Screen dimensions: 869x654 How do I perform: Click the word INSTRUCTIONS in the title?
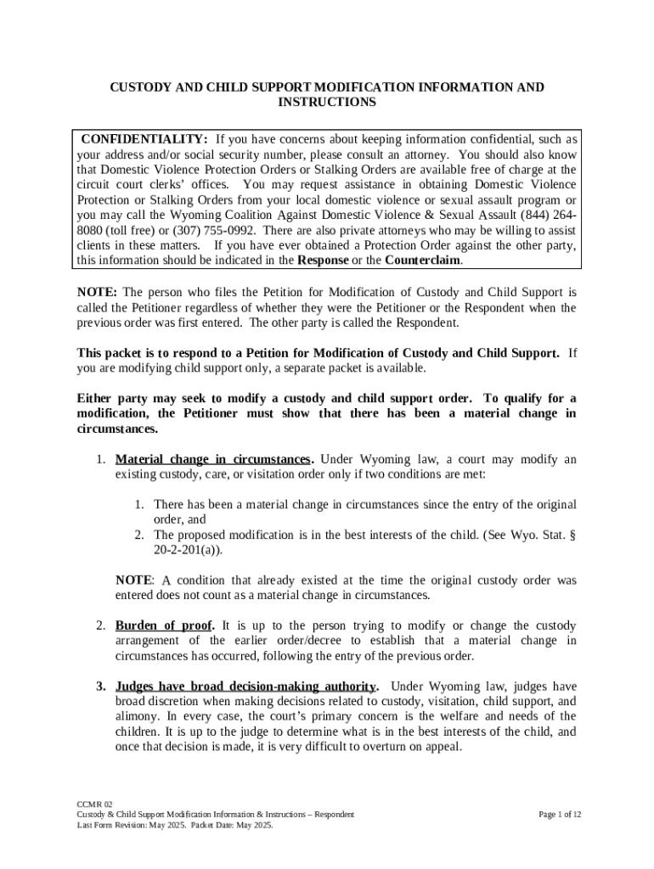(327, 102)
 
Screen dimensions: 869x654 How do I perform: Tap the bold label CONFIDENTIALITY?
(144, 139)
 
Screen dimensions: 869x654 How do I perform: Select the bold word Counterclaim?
(422, 261)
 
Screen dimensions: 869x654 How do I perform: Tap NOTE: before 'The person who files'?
(97, 292)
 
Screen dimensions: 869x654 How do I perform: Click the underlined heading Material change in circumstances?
(213, 459)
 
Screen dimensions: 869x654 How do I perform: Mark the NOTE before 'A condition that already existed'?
(132, 580)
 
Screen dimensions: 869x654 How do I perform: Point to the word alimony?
(138, 717)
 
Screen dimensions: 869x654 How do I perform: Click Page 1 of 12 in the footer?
(560, 814)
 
